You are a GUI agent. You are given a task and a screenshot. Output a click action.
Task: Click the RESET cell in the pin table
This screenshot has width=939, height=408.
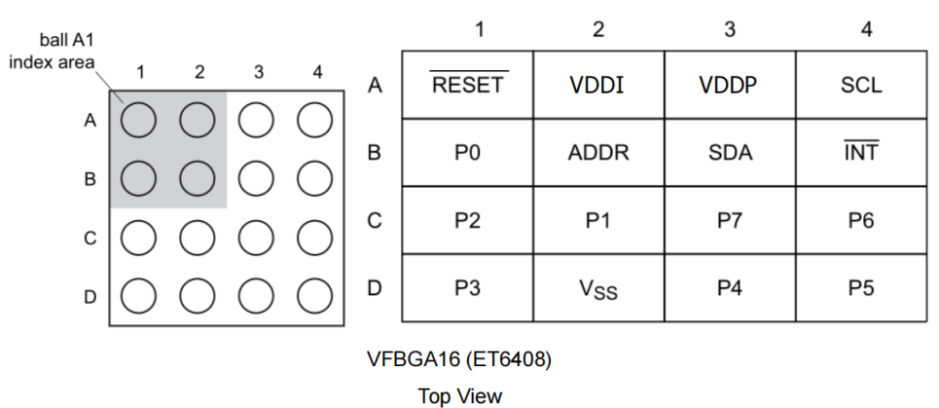pos(468,85)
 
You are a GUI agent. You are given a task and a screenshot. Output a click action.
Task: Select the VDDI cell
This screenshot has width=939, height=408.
pos(597,85)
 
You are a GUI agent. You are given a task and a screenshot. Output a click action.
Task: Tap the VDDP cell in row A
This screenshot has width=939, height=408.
pos(730,85)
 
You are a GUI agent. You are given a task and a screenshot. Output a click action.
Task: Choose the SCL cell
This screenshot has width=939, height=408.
pos(862,85)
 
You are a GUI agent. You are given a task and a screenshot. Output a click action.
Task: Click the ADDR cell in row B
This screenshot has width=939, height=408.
pos(597,153)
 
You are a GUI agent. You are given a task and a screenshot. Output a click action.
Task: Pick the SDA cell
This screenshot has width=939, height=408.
pos(730,153)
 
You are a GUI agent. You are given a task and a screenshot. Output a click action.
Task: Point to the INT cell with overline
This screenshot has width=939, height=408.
pos(862,153)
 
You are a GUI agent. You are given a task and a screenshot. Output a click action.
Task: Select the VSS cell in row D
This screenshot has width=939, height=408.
pos(597,289)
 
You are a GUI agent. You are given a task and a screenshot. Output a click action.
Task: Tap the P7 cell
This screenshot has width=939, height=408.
pos(730,221)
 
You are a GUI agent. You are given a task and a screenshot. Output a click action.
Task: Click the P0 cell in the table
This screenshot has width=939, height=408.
pos(468,153)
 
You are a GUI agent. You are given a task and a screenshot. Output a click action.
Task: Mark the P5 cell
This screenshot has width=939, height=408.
pos(862,289)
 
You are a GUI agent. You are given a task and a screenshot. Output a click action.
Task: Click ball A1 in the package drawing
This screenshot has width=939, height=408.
pos(139,120)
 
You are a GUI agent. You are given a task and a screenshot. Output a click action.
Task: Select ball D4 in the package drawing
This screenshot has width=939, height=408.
pos(315,294)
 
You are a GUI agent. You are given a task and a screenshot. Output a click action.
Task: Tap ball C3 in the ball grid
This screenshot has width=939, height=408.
pos(257,237)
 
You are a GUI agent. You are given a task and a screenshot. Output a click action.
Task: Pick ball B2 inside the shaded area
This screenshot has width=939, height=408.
pos(198,177)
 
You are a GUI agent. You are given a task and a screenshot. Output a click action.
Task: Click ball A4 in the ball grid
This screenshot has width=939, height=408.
pos(315,120)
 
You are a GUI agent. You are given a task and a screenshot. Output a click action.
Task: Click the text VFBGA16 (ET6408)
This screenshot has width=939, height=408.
pos(459,359)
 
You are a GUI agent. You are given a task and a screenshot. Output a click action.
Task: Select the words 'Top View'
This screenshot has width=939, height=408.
pos(459,395)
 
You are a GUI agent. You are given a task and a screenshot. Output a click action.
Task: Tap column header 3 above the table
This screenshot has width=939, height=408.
pos(730,29)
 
